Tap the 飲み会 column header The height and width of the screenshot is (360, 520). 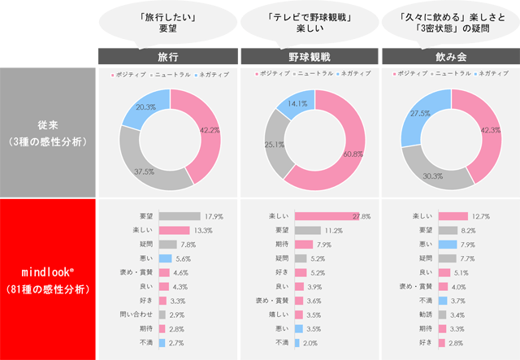450,58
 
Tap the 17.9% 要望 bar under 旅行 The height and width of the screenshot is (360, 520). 179,216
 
